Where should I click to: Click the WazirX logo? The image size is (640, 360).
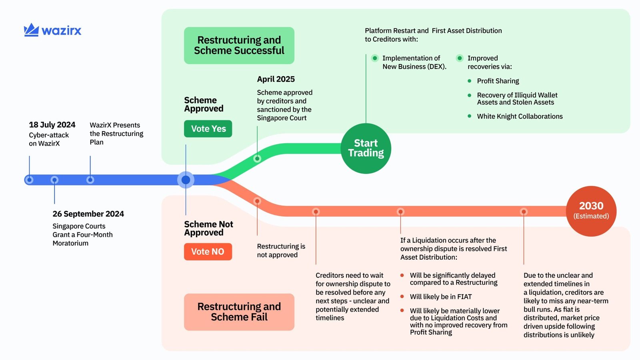52,30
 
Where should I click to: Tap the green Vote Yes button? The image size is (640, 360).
208,129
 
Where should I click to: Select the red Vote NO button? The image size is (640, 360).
208,252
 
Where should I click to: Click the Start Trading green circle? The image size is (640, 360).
366,148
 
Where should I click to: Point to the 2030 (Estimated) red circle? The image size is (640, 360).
591,211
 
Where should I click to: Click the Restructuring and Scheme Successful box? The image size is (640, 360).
239,45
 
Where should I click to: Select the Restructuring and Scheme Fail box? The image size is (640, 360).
239,312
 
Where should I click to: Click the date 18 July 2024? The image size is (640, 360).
52,125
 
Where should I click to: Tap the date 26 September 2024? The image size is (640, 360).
88,214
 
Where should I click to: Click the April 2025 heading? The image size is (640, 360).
276,79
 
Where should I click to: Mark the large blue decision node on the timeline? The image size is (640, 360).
186,180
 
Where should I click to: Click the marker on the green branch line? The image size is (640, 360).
257,158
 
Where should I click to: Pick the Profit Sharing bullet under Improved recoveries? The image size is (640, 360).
498,81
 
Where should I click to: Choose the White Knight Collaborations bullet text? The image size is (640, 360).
519,116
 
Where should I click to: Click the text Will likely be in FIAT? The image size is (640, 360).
440,297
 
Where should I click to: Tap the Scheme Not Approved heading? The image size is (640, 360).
208,228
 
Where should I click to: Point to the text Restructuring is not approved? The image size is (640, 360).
280,250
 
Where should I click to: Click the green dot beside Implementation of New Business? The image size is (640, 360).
375,58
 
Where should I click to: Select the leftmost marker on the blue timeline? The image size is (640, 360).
29,180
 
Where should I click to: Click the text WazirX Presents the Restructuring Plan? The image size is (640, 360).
116,134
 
